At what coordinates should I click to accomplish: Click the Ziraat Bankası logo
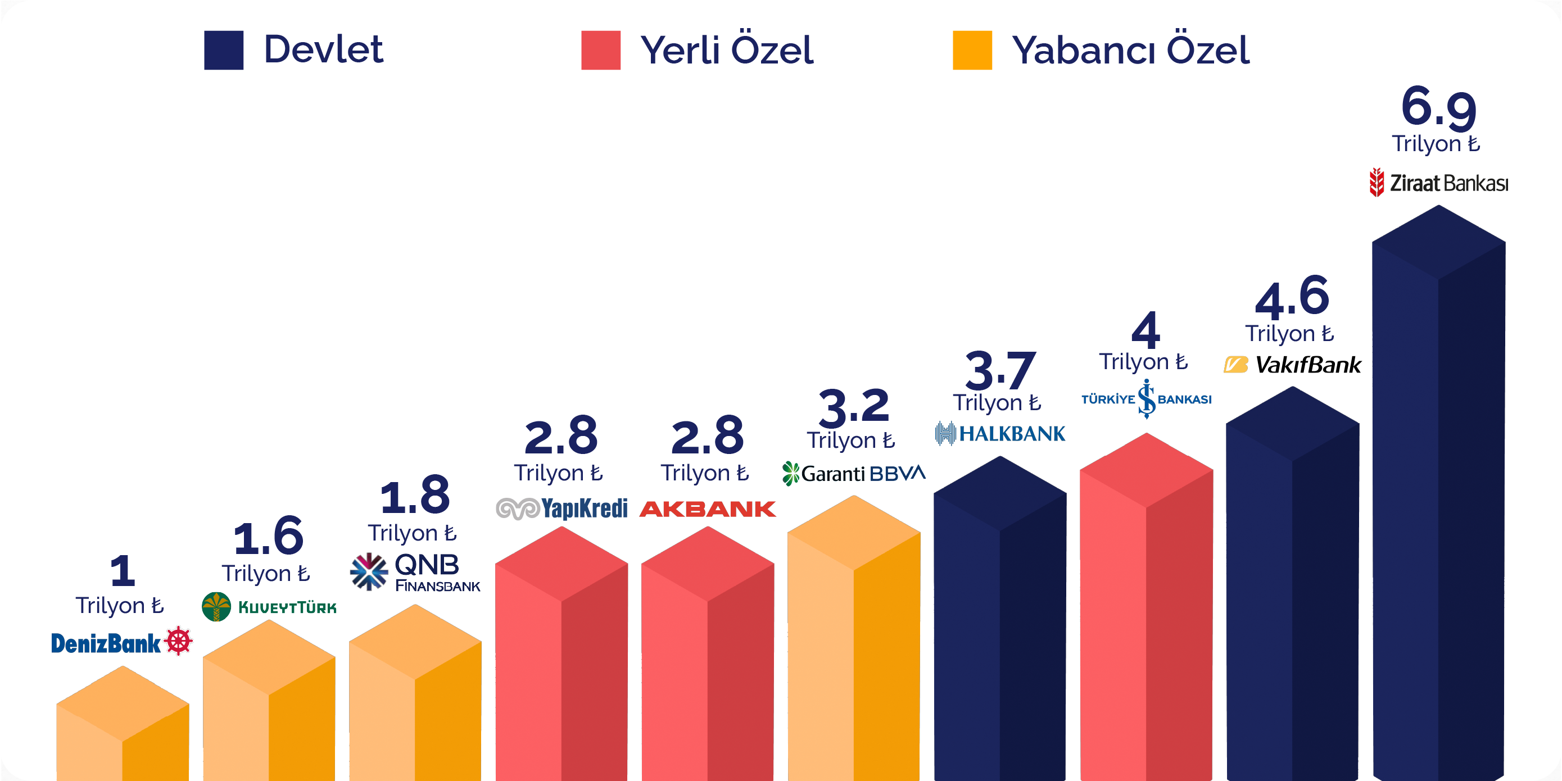(x=1438, y=183)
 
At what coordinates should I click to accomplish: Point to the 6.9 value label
(x=1438, y=108)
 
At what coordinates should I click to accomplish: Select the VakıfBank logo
(x=1292, y=365)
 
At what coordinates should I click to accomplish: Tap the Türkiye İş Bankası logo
(x=1146, y=399)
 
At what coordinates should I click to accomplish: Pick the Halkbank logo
(x=1000, y=434)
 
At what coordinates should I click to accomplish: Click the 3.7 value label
(x=1000, y=370)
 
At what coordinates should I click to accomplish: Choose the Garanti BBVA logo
(x=854, y=474)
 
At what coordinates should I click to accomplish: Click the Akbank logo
(x=708, y=508)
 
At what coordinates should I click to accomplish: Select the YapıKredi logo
(x=562, y=508)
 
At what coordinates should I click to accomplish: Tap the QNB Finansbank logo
(x=415, y=572)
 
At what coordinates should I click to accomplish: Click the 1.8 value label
(x=415, y=496)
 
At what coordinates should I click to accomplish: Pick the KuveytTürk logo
(x=269, y=607)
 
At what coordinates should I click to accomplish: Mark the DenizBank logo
(x=106, y=643)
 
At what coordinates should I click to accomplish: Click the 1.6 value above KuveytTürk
(x=269, y=537)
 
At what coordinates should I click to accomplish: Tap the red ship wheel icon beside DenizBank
(x=178, y=641)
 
